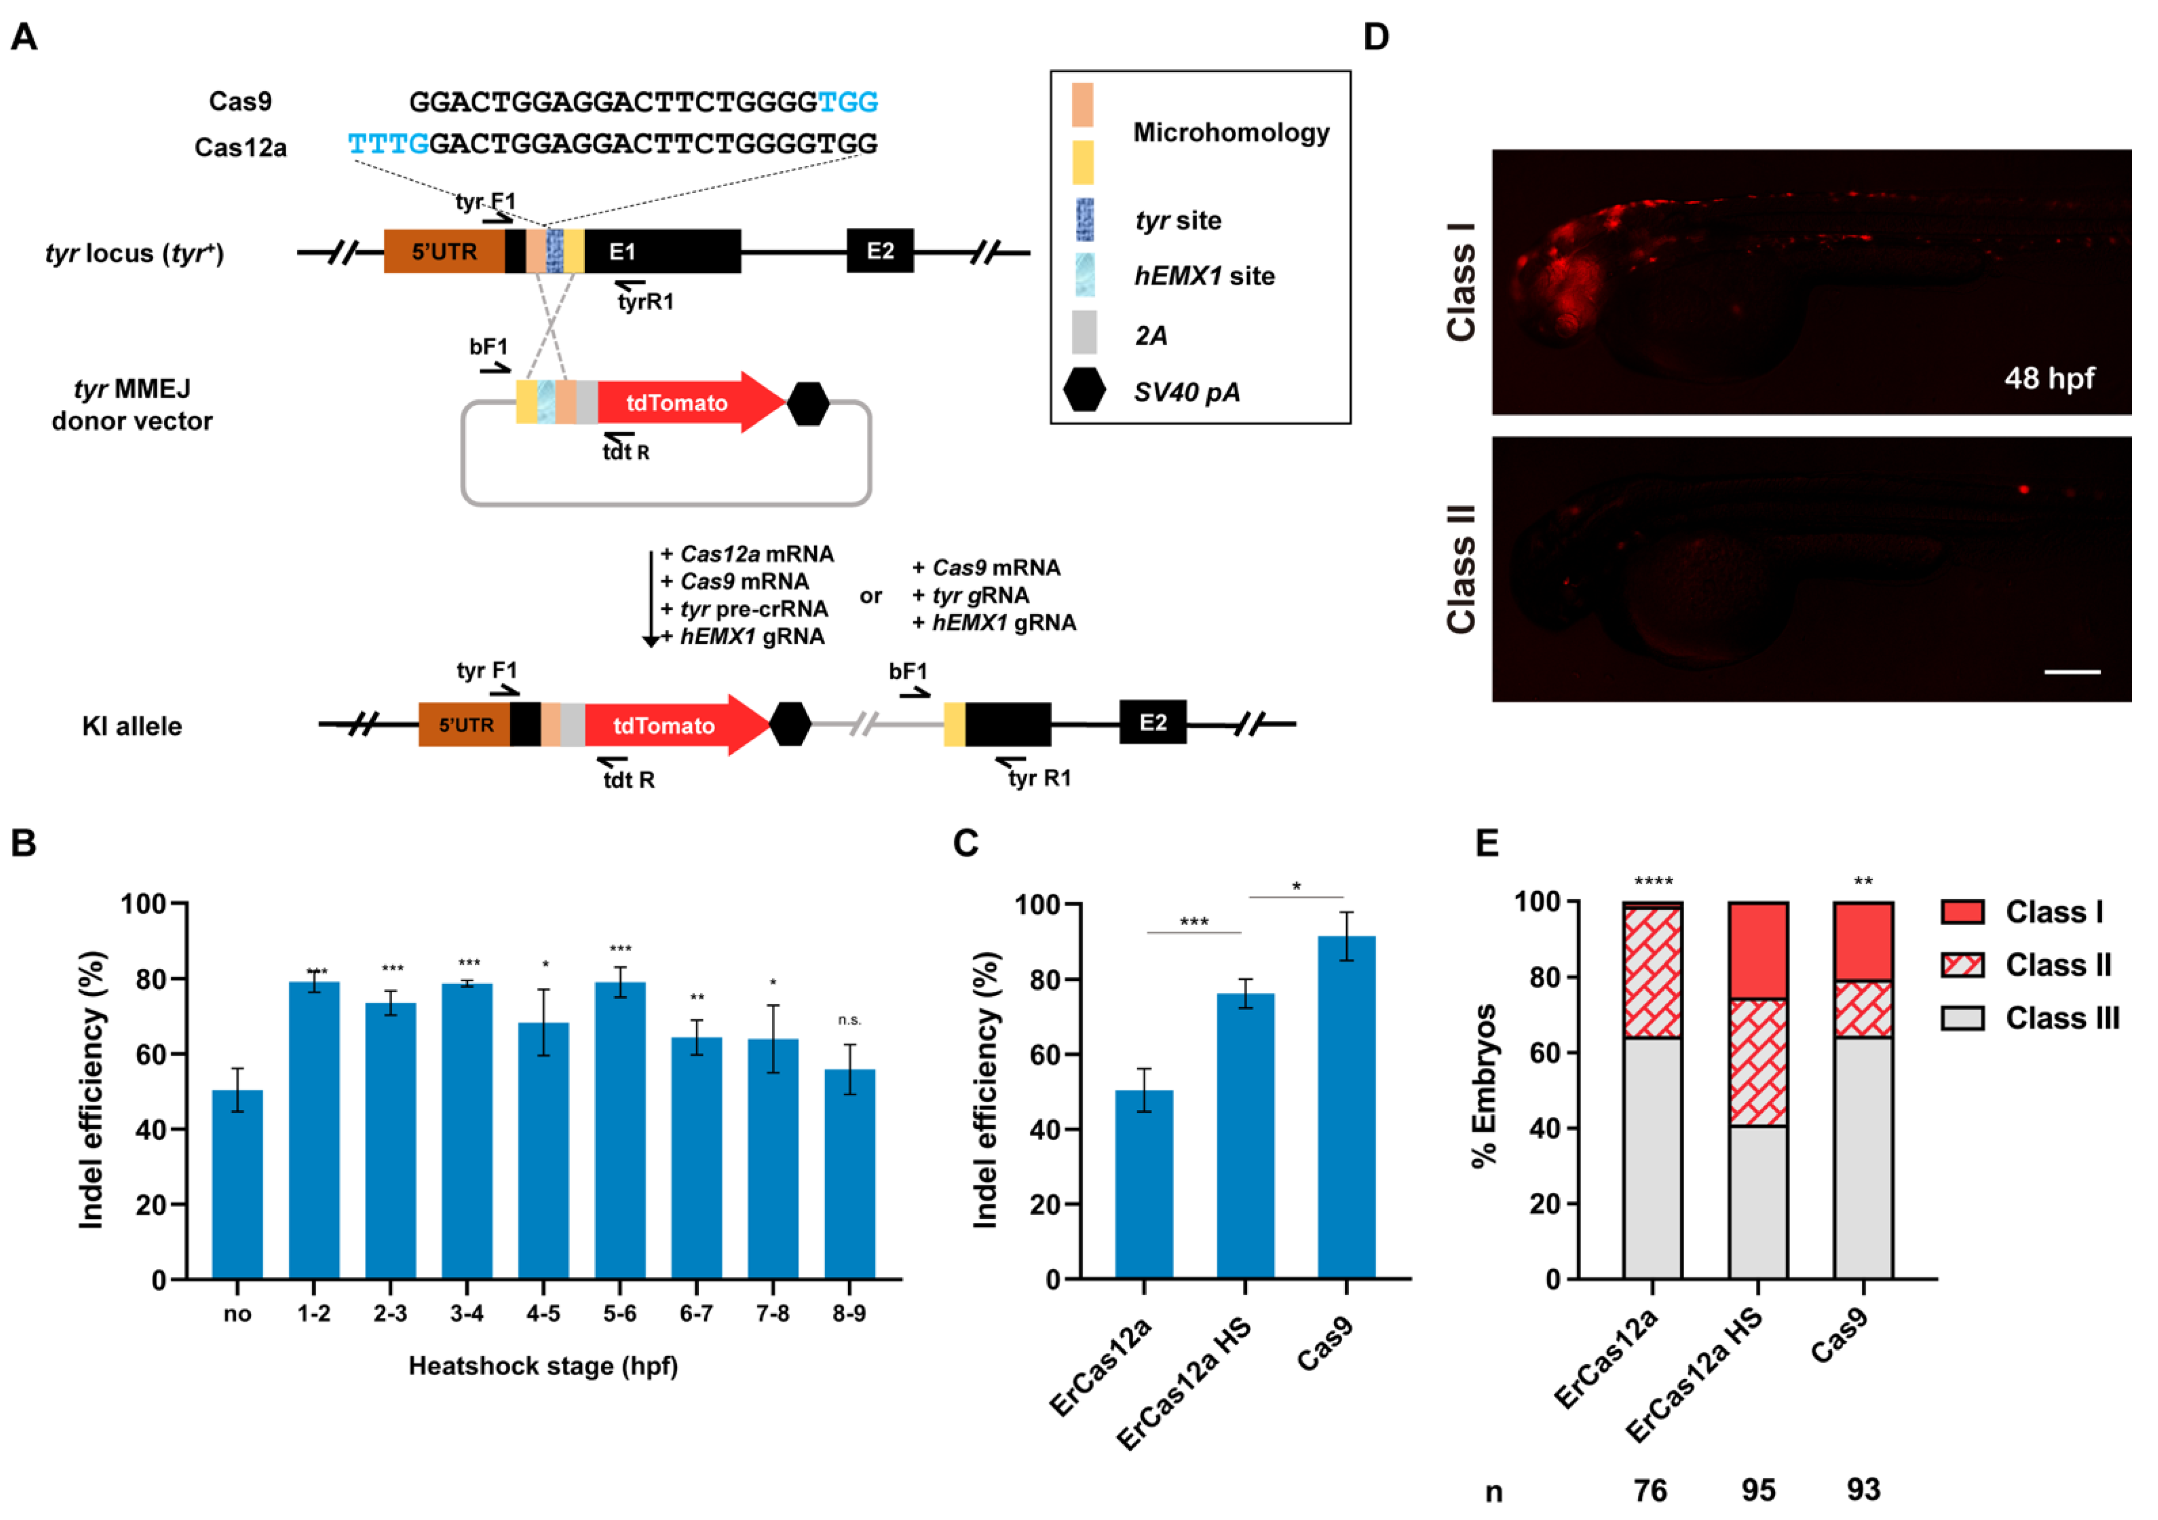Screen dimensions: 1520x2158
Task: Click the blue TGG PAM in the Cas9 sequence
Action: point(847,102)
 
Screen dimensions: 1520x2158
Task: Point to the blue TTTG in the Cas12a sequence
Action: point(388,144)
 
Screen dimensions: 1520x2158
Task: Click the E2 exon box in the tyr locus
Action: point(880,251)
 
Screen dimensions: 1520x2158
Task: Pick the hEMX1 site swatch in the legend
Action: point(1083,275)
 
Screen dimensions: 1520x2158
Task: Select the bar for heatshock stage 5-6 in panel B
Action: point(620,1128)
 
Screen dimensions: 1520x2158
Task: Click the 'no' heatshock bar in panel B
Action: point(238,1184)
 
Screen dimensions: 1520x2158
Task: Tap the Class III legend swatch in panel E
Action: point(1962,1018)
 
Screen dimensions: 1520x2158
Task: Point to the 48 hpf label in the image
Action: point(2049,378)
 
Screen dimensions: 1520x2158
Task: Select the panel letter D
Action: point(1376,38)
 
